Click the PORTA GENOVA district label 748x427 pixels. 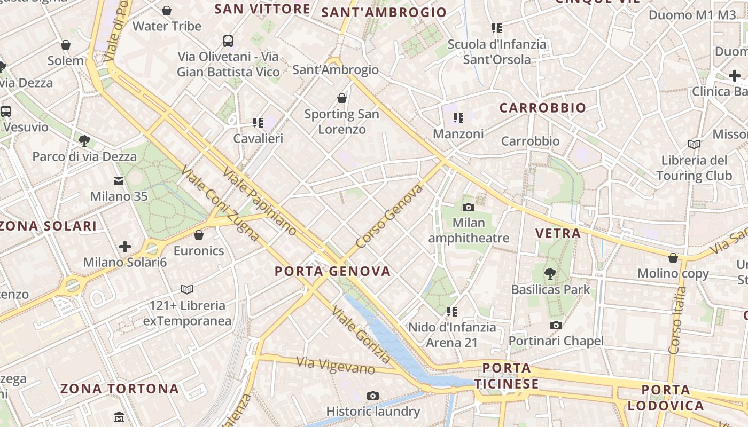coord(332,271)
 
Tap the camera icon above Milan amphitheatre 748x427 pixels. coord(469,207)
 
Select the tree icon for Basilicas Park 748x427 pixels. coord(550,274)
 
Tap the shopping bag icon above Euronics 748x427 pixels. coord(199,235)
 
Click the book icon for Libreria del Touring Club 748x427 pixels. coord(694,145)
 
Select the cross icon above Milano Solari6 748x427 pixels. coord(125,247)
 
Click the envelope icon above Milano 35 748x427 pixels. coord(119,181)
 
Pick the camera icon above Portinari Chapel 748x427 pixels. coord(556,325)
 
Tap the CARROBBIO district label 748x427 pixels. coord(543,108)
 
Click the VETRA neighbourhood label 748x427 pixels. coord(558,233)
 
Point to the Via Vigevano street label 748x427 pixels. coord(336,366)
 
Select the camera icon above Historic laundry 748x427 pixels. coord(373,396)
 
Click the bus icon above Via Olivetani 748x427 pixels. coord(228,41)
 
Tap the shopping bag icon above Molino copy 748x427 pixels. coord(673,258)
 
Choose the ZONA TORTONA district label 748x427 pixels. coord(119,389)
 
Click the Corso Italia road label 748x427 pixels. coord(677,320)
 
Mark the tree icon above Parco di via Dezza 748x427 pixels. coord(84,141)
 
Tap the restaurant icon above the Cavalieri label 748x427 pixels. coord(258,123)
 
